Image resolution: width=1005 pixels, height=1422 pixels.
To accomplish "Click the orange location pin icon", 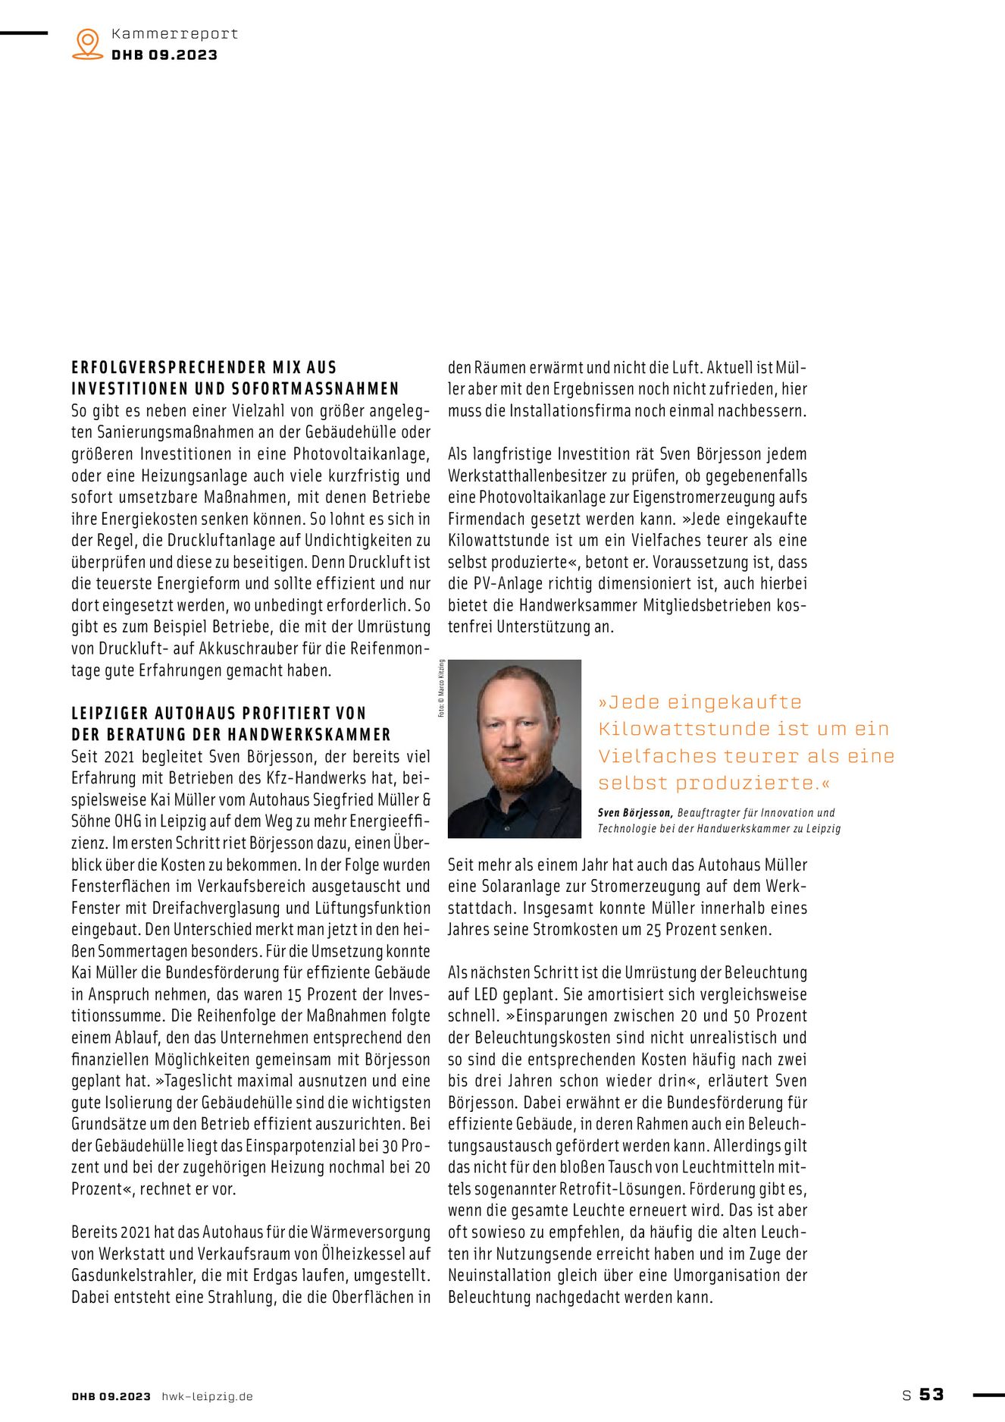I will tap(88, 43).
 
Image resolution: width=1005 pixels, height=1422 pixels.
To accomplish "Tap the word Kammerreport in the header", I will tap(174, 33).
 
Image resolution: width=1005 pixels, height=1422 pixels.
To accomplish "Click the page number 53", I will tap(931, 1394).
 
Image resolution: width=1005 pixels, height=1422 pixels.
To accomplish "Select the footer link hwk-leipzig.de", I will tap(207, 1396).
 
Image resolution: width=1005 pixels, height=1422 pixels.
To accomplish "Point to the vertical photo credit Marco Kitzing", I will tap(441, 689).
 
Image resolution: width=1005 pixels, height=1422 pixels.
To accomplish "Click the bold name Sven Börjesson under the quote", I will tap(634, 812).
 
